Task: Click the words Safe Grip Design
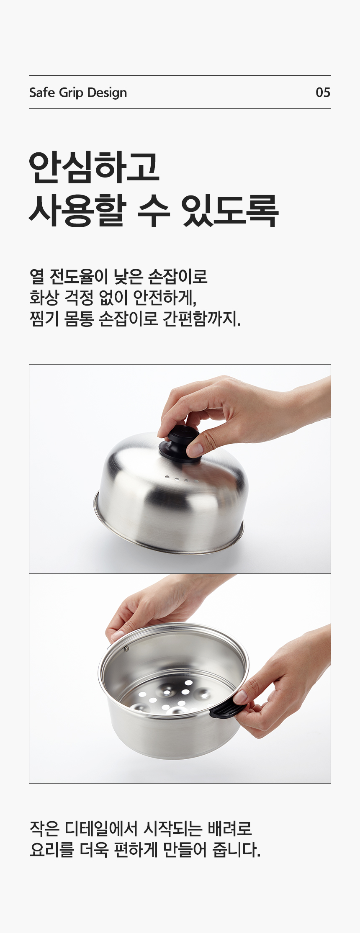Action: pos(78,93)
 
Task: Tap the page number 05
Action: pos(323,93)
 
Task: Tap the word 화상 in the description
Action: pos(44,298)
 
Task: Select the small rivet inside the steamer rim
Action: pos(126,649)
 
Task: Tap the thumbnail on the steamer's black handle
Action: pos(240,697)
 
